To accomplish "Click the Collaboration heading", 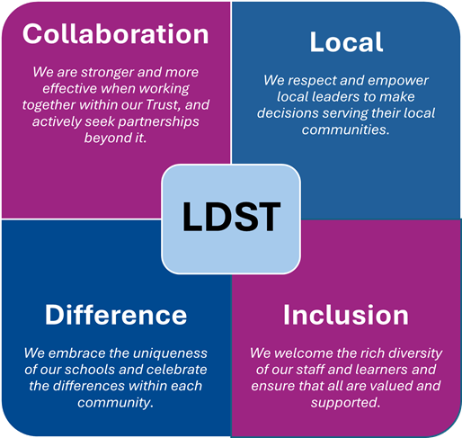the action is click(116, 34).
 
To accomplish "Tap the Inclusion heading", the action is click(346, 315).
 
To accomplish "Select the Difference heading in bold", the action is click(116, 315).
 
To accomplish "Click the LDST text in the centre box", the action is click(231, 217).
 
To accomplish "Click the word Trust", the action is click(164, 105).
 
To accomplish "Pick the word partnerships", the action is click(158, 122).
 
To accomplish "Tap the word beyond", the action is click(102, 139).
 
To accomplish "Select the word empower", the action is click(398, 81).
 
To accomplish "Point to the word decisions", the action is click(288, 113).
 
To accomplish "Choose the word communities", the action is click(346, 130).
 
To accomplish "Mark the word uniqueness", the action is click(170, 353).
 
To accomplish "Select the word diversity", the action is click(415, 353).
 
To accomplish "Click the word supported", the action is click(345, 403).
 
